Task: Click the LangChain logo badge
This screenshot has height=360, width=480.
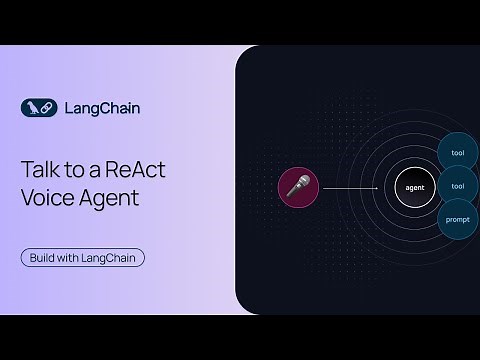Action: [x=35, y=107]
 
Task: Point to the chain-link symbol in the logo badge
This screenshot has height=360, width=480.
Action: [x=42, y=107]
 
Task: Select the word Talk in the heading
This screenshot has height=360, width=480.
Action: [x=41, y=169]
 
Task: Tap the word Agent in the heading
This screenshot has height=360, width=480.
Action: [x=110, y=196]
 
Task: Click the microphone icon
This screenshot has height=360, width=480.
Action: [x=298, y=187]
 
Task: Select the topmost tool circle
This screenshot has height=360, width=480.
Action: [x=458, y=152]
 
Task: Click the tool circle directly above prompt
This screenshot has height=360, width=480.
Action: [x=458, y=186]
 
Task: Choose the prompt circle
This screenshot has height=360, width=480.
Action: [x=458, y=219]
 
